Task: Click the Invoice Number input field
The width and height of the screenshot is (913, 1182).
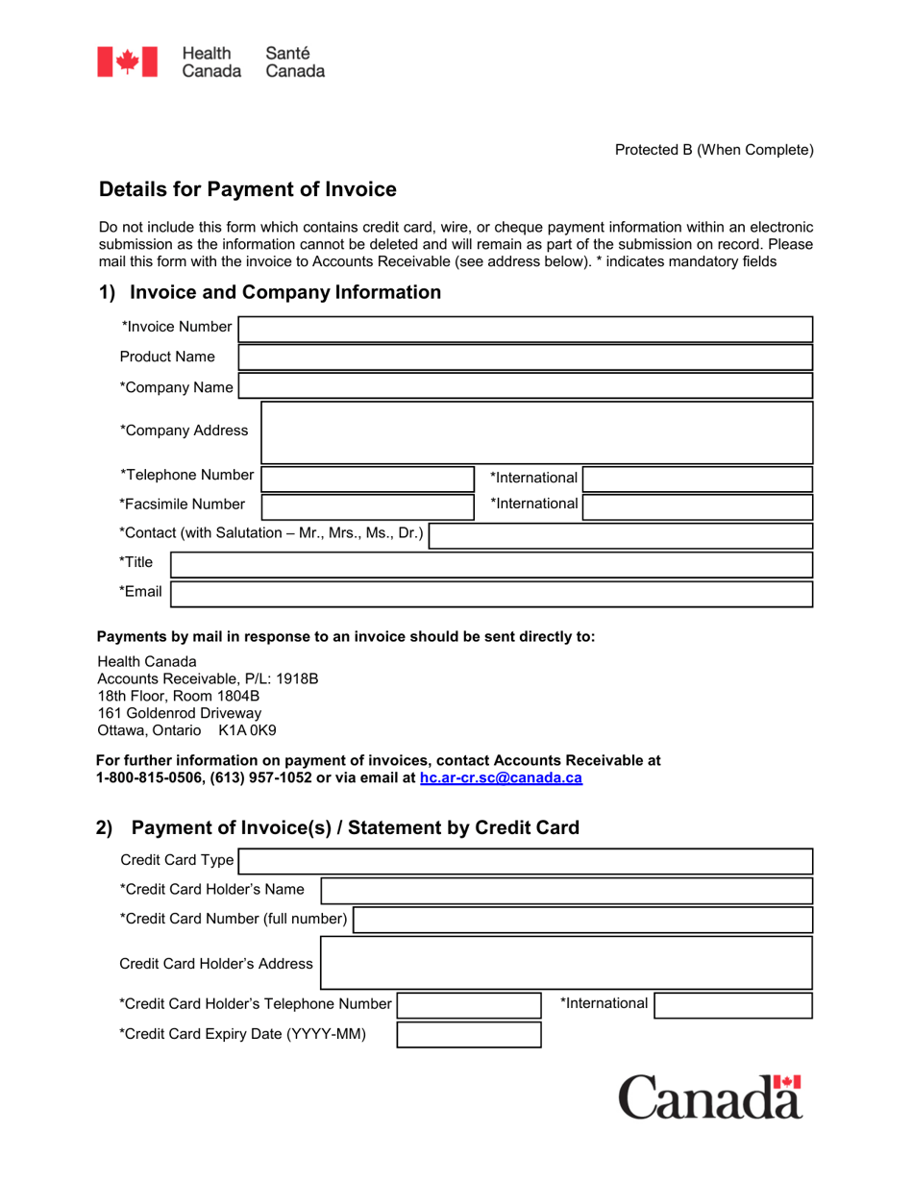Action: coord(525,329)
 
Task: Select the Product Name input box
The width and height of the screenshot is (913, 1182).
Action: coord(525,357)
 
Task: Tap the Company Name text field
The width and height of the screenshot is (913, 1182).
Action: coord(525,387)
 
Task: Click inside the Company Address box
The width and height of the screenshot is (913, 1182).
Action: coord(536,432)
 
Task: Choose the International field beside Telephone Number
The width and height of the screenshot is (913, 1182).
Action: coord(698,479)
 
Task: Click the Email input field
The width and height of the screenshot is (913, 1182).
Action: coord(491,593)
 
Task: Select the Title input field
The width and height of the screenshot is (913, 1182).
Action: coord(491,564)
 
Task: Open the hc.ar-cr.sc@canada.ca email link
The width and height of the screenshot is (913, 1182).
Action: coord(501,778)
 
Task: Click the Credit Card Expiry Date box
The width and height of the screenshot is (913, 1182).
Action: coord(469,1035)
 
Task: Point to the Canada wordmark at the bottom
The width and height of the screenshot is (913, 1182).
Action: coord(709,1096)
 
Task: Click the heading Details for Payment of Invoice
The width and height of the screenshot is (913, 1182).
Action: coord(248,190)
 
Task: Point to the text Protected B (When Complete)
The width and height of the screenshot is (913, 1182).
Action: coord(714,149)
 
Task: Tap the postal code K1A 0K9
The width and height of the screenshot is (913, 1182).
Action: coord(247,730)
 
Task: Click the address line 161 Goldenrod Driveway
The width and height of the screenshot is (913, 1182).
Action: coord(180,713)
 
